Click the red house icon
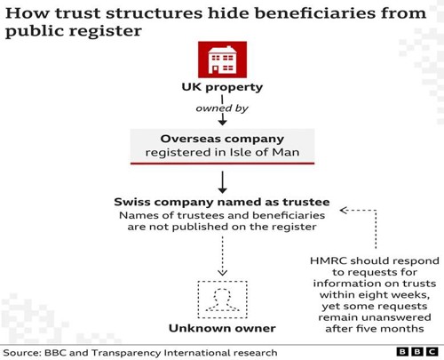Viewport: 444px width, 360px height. click(x=222, y=60)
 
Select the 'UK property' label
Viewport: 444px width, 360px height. click(x=222, y=87)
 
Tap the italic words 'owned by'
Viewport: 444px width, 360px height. click(x=222, y=108)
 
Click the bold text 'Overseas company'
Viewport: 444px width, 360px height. click(x=222, y=139)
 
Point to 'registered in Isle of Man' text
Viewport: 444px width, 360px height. click(x=222, y=152)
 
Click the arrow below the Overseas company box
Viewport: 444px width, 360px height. click(x=222, y=182)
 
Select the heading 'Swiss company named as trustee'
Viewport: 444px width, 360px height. click(x=222, y=202)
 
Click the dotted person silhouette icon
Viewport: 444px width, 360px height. click(x=222, y=300)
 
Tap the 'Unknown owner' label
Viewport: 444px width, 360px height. click(x=222, y=328)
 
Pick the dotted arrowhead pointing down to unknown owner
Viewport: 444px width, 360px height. click(x=222, y=273)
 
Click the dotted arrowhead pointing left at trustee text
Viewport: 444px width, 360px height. click(x=344, y=211)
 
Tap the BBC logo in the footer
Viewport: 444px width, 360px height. click(x=417, y=352)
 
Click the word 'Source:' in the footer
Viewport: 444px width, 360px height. click(x=22, y=353)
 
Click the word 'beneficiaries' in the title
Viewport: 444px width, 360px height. click(x=315, y=13)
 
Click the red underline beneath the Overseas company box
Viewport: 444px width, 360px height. click(x=222, y=163)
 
